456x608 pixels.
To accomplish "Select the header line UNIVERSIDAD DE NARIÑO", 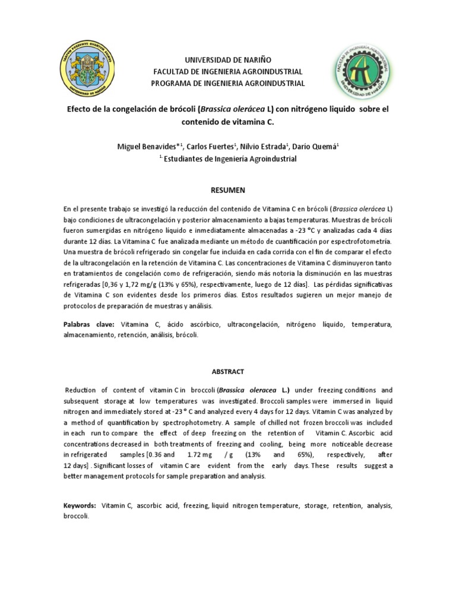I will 228,60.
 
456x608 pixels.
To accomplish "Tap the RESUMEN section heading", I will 228,190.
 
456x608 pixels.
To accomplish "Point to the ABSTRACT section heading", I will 228,371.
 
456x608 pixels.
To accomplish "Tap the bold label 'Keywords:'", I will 80,505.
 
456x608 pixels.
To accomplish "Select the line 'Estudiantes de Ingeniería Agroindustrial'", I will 232,159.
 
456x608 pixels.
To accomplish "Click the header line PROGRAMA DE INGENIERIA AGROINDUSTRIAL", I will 228,84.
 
